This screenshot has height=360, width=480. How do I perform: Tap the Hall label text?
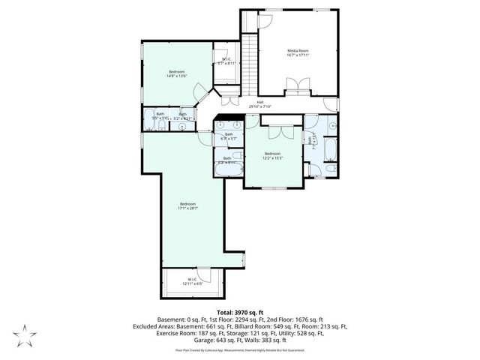click(260, 104)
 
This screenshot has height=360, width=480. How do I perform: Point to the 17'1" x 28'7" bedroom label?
click(187, 206)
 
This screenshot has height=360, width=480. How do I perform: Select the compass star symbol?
click(24, 334)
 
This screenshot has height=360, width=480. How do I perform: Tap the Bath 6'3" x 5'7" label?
click(229, 136)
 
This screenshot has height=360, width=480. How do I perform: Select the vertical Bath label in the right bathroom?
click(310, 141)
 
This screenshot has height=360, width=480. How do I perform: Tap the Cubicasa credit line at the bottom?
click(240, 350)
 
